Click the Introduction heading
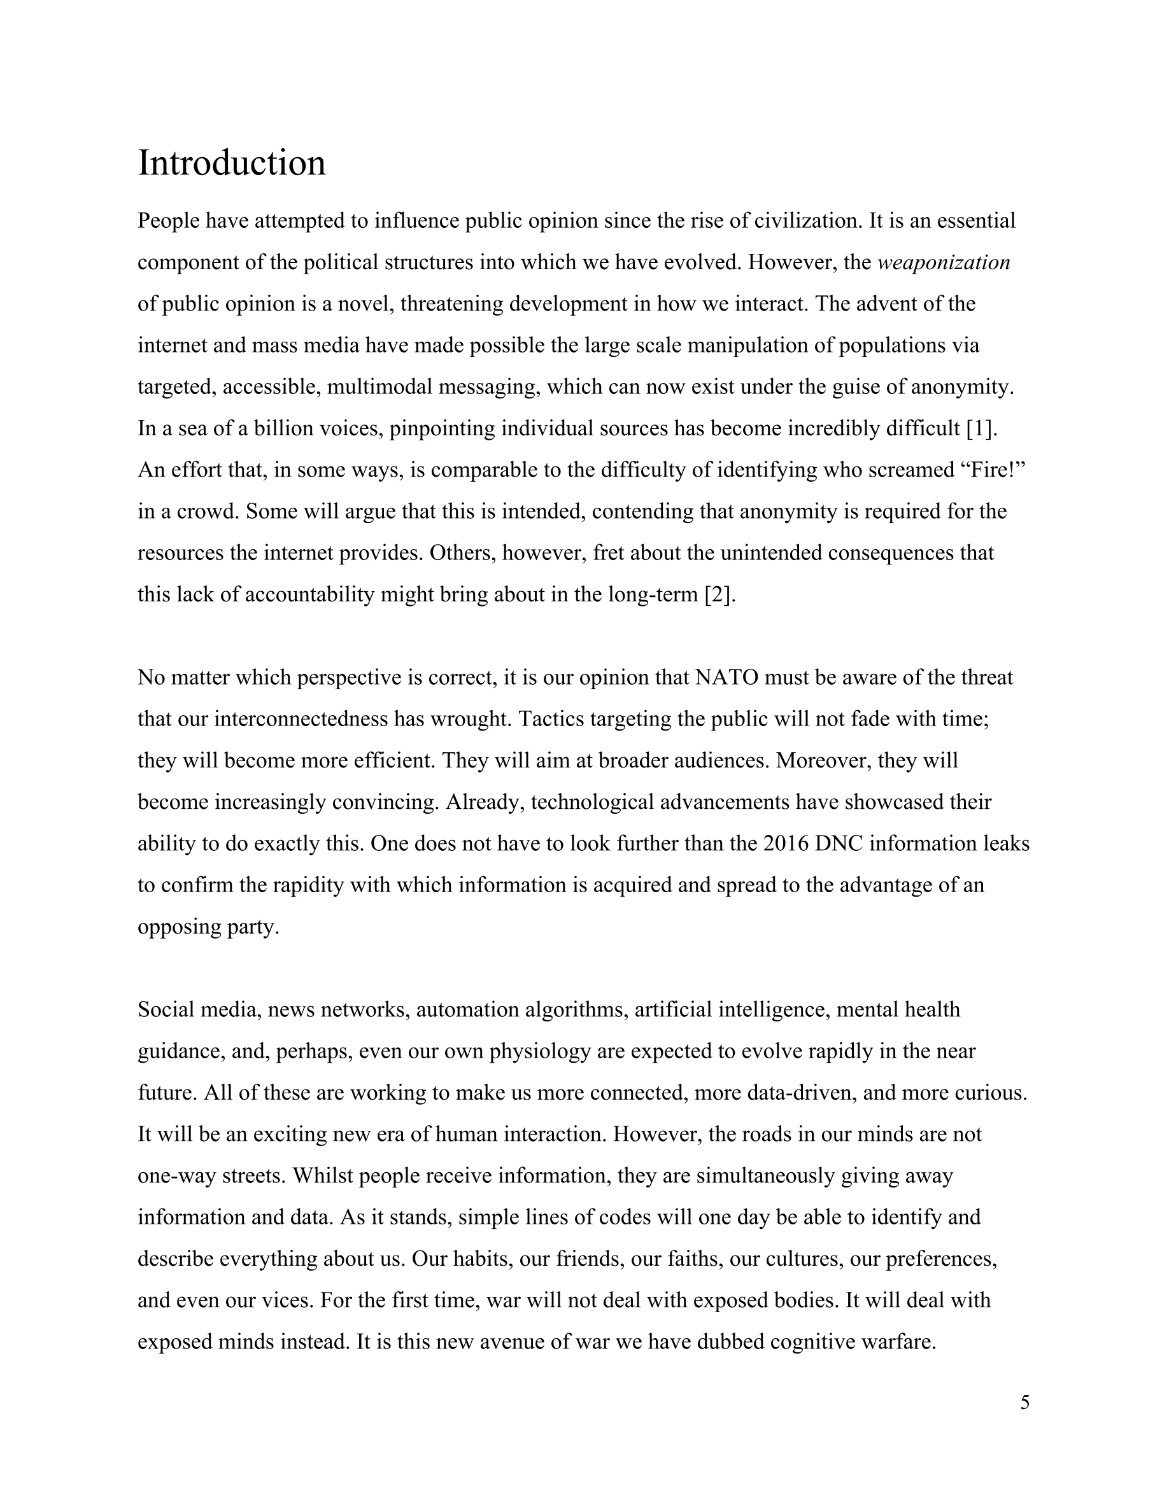click(231, 164)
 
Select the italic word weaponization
click(943, 263)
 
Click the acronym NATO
click(729, 678)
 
